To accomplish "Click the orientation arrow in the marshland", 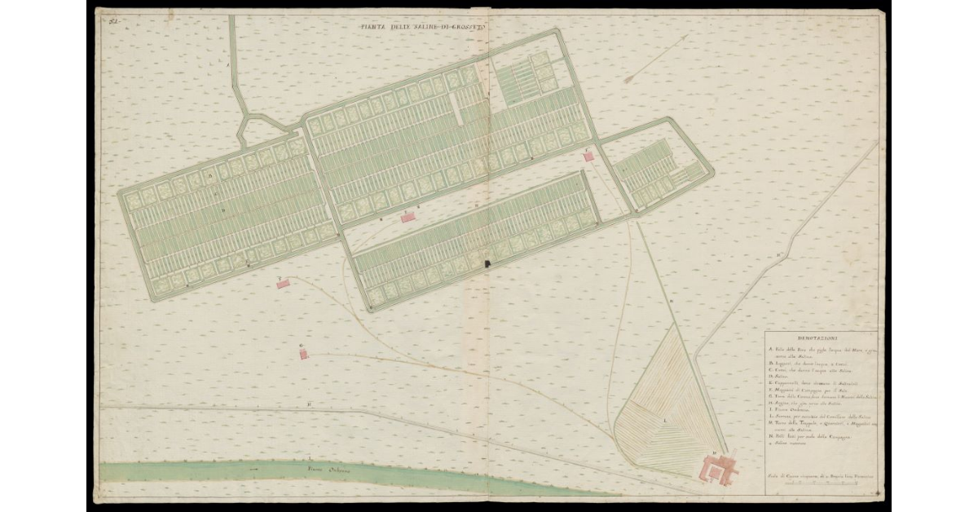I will pyautogui.click(x=656, y=58).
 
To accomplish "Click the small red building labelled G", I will pyautogui.click(x=304, y=354).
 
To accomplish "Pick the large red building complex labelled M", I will pyautogui.click(x=720, y=467).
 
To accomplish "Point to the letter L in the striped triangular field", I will pyautogui.click(x=666, y=419).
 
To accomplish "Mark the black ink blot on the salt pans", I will pyautogui.click(x=489, y=263).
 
